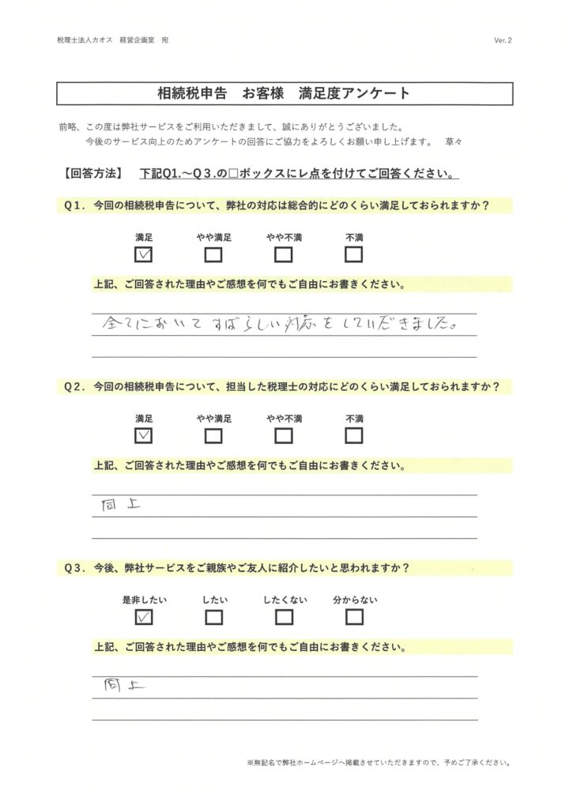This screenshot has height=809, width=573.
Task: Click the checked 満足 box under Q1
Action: (x=144, y=254)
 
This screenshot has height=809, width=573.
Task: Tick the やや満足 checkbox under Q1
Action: (x=213, y=254)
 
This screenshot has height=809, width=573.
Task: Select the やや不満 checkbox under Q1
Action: (x=284, y=254)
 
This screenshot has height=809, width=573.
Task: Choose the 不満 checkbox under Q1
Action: (x=353, y=254)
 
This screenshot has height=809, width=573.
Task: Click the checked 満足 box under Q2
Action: (x=144, y=435)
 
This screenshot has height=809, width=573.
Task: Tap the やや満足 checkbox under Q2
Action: (x=213, y=435)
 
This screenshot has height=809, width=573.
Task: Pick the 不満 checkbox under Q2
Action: (x=353, y=435)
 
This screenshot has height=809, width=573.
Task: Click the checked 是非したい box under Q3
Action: (x=144, y=617)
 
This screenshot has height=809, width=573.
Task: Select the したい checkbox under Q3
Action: (x=213, y=617)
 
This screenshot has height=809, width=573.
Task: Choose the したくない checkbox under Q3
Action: (x=284, y=617)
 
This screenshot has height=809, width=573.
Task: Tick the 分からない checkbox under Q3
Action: (x=354, y=617)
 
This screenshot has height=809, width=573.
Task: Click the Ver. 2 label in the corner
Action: (x=503, y=40)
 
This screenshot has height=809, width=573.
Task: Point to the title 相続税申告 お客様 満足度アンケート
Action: (x=285, y=93)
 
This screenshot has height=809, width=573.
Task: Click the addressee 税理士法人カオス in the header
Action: (x=85, y=40)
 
